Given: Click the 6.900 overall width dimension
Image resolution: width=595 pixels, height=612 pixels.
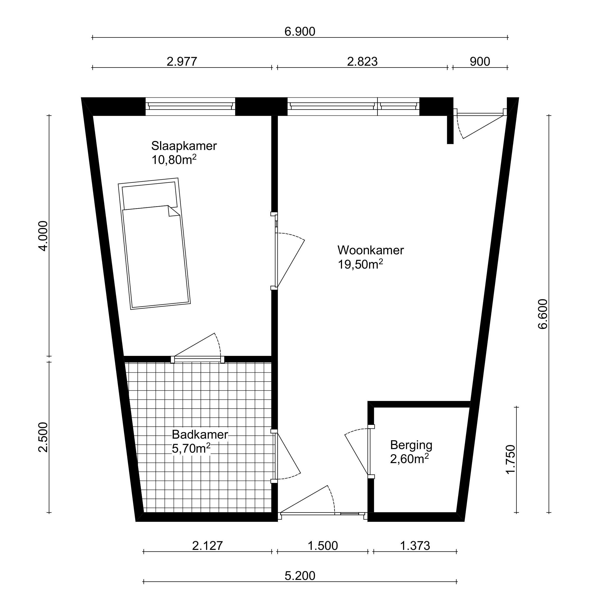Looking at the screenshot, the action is (300, 32).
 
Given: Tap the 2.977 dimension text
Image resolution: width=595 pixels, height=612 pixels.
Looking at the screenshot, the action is (182, 62).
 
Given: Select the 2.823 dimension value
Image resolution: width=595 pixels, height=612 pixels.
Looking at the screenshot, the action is (362, 62).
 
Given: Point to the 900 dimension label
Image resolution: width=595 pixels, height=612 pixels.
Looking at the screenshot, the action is (480, 62).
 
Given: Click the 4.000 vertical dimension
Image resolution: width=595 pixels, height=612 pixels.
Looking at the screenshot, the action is (43, 236).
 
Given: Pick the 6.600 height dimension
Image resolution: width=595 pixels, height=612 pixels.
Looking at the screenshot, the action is (543, 314).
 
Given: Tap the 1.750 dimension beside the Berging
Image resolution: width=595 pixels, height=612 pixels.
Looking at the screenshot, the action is (510, 459).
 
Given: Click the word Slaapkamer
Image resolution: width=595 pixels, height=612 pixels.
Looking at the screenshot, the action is (184, 146).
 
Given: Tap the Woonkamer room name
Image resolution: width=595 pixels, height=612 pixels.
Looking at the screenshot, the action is (371, 250).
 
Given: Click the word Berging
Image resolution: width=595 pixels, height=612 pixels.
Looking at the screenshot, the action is (411, 445).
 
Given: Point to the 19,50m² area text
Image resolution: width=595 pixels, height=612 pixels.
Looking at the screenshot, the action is (360, 264).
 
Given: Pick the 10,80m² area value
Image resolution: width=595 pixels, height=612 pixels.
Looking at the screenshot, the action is (174, 159).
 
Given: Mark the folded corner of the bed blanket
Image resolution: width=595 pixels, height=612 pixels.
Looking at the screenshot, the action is (174, 211).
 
